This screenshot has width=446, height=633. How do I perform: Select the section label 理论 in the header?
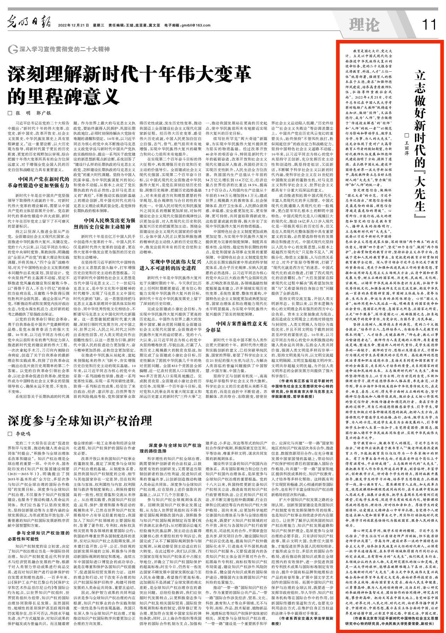[x=364, y=25]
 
